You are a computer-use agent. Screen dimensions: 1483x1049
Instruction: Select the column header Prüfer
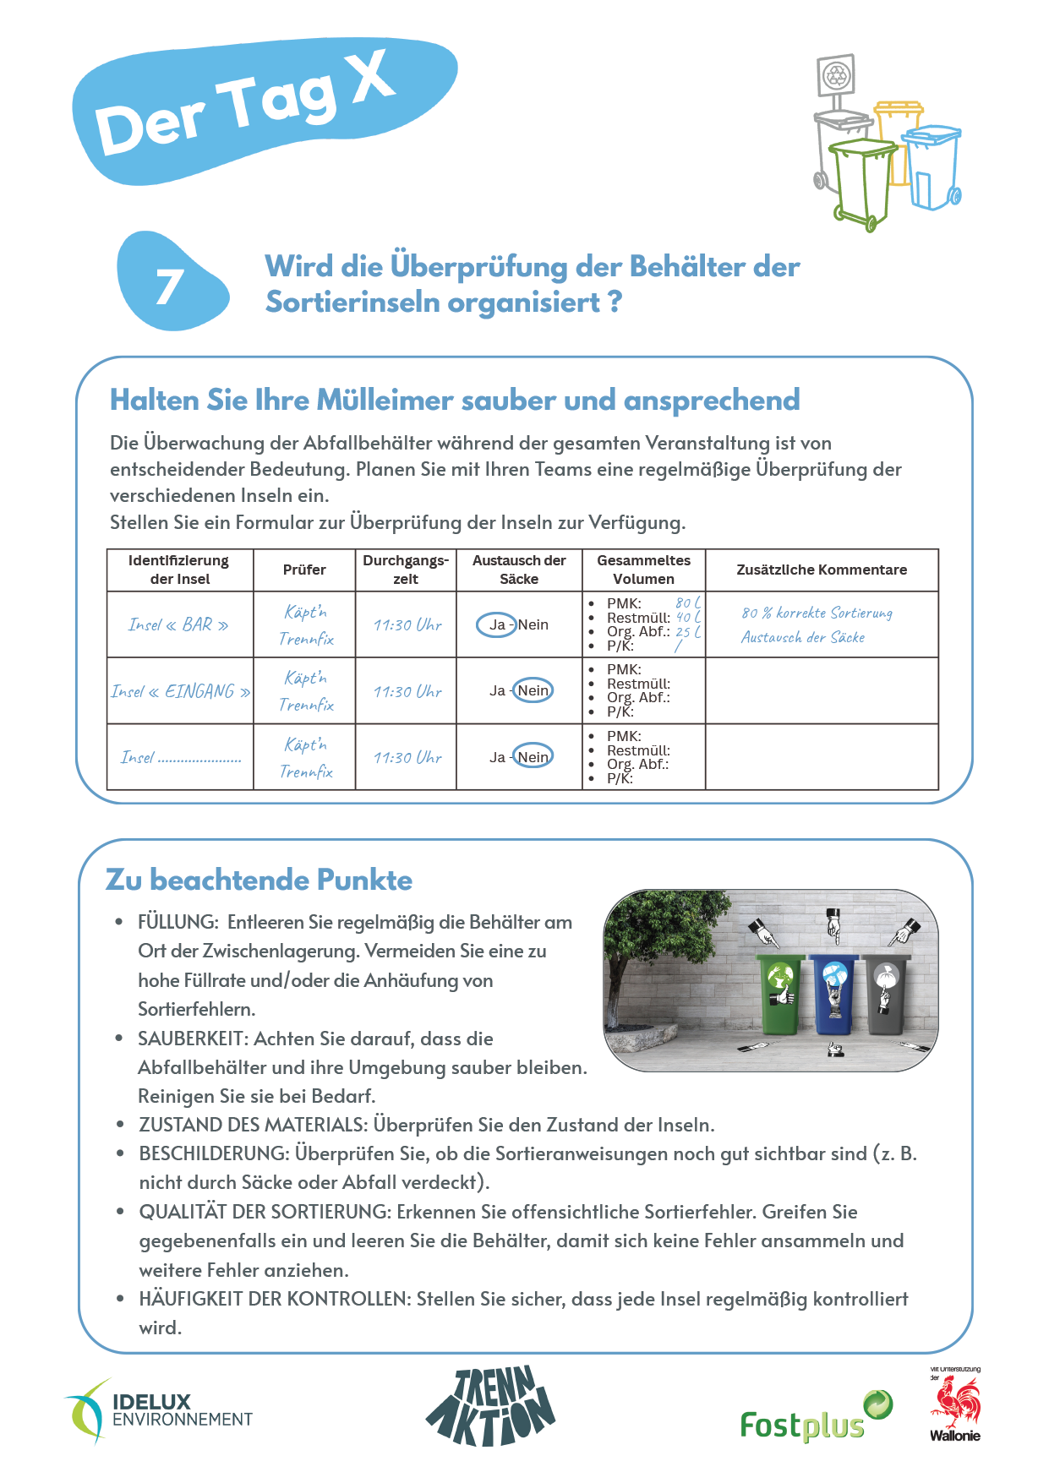click(304, 570)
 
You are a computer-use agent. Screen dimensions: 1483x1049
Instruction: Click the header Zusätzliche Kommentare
click(821, 570)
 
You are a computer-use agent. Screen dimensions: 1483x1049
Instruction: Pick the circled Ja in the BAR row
click(497, 624)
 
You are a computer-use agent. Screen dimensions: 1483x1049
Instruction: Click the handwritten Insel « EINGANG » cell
click(181, 691)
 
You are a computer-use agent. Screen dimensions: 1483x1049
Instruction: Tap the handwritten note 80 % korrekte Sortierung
click(817, 613)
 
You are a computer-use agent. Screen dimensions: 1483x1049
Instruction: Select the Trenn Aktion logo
click(490, 1407)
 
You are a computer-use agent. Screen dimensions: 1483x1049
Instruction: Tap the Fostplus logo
click(815, 1419)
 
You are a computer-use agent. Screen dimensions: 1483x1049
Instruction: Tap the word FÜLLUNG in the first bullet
click(177, 922)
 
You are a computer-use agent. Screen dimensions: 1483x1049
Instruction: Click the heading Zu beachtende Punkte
click(259, 880)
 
